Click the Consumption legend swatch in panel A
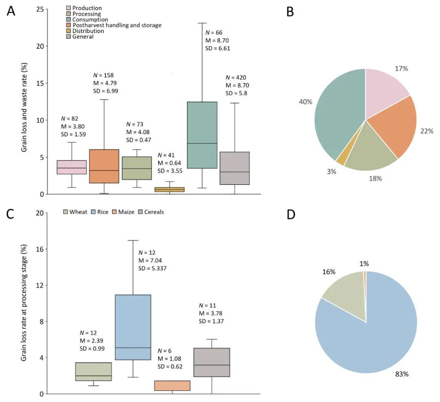coord(69,20)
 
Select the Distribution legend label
coord(88,31)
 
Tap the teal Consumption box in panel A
coord(202,135)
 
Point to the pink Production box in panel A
coord(71,167)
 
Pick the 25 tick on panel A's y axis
coord(40,9)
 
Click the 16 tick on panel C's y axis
coord(40,249)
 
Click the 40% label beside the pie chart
coord(306,102)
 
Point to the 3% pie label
coord(332,172)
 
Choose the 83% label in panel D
coord(401,373)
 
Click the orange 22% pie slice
coord(393,126)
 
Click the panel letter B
coord(290,12)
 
